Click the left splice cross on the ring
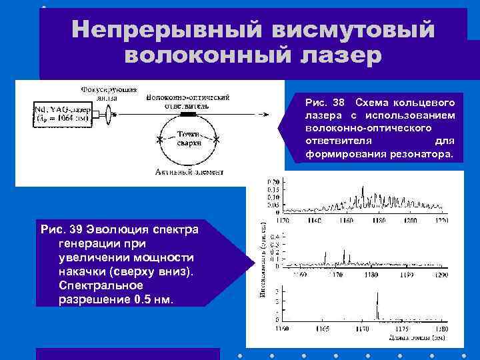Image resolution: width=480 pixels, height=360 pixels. (x=159, y=140)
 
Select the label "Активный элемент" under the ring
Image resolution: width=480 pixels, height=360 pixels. (x=189, y=171)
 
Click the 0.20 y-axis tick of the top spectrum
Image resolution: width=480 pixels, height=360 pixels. (x=273, y=182)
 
